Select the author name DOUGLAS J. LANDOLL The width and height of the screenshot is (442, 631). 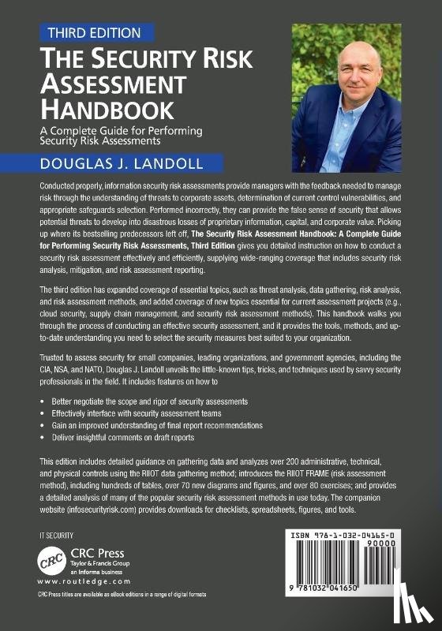pyautogui.click(x=117, y=165)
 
